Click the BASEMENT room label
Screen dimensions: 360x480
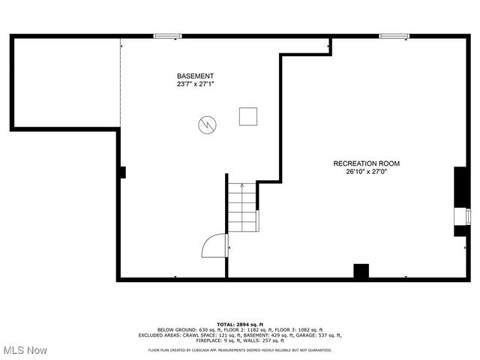tap(195, 76)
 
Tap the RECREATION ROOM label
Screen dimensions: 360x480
tap(366, 163)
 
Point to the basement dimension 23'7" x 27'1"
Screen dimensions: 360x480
tap(195, 85)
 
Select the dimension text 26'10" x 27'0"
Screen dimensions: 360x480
tap(366, 172)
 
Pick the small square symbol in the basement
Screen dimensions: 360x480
tap(248, 116)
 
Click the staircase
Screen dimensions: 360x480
tap(242, 208)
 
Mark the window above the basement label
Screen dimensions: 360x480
tap(167, 35)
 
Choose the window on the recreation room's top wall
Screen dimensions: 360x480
tap(394, 35)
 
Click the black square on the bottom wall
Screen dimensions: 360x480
tap(361, 271)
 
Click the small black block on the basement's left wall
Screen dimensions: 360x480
tap(121, 172)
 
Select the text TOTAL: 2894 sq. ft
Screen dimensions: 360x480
tap(240, 324)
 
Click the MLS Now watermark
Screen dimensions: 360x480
tap(25, 350)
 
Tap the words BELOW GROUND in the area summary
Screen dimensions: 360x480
tap(177, 330)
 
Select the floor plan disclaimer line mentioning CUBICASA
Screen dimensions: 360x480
tap(240, 349)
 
